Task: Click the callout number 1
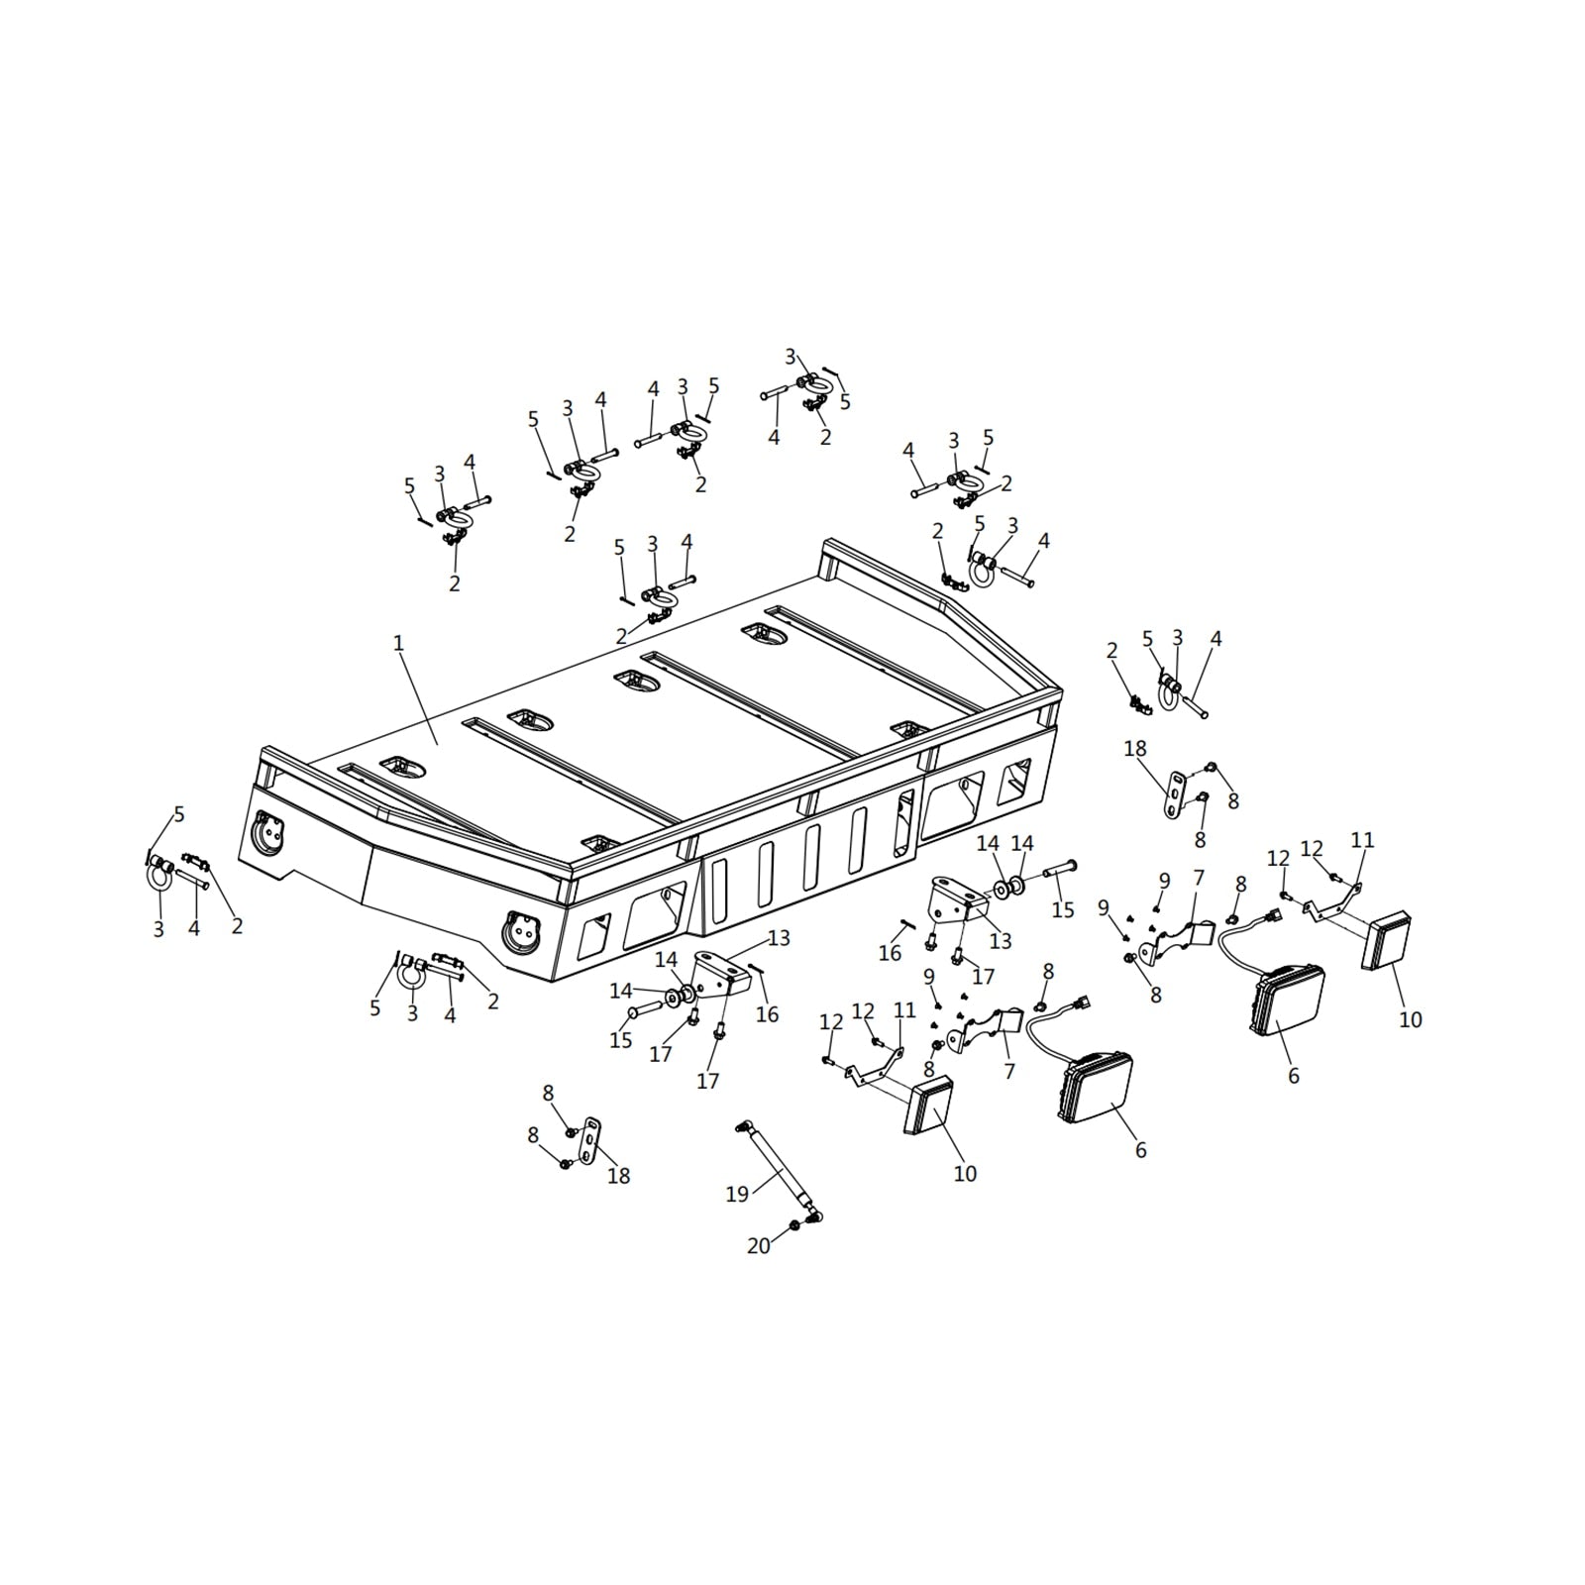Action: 398,643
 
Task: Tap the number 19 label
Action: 737,1195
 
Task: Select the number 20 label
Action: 759,1246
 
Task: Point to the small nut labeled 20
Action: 794,1227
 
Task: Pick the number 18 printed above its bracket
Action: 1135,749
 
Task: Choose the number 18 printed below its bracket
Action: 618,1176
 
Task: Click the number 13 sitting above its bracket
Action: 780,938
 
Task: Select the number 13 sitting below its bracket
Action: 1001,940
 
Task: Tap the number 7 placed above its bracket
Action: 1199,878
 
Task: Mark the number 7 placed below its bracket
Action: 1009,1071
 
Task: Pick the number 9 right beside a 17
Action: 929,977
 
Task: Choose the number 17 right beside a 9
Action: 983,978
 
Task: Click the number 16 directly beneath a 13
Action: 768,1014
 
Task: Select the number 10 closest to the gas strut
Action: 965,1174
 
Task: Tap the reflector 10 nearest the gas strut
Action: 927,1105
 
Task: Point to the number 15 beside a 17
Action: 621,1041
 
